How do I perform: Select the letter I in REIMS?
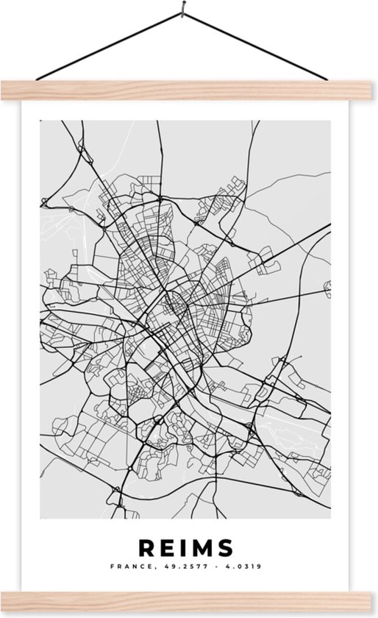[x=183, y=548]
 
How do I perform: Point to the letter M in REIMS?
[x=202, y=548]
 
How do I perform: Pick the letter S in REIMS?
[x=225, y=548]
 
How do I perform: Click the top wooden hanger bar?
[x=189, y=89]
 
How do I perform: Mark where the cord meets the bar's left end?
[x=35, y=80]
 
